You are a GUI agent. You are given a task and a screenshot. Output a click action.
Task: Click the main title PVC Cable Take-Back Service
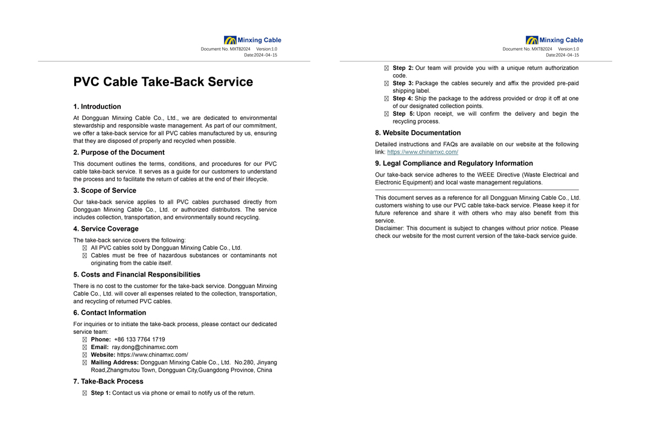coord(163,82)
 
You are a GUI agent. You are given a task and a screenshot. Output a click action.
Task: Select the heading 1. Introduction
coord(97,107)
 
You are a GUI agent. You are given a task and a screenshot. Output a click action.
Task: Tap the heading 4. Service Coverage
coord(106,229)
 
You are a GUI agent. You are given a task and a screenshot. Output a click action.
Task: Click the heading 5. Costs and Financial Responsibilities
coord(137,275)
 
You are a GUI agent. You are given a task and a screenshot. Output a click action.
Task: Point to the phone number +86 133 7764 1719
coord(139,339)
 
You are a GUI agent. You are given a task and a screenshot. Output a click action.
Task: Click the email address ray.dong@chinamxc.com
coord(145,347)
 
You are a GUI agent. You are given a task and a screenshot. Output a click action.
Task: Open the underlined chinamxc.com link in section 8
coord(423,152)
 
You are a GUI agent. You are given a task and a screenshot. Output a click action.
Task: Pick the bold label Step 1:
coord(101,393)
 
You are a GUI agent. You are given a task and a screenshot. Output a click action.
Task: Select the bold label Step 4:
coord(403,98)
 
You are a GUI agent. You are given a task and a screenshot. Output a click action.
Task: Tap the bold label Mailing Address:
coord(115,362)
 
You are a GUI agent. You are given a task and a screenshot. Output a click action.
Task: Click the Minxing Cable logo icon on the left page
coord(230,40)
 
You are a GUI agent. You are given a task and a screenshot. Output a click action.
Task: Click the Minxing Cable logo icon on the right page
coord(532,40)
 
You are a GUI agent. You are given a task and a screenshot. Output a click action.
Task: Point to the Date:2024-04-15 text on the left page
coord(261,55)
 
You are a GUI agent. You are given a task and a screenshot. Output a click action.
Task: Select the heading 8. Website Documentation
coord(418,133)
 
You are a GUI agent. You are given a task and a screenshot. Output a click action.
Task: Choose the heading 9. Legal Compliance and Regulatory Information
coord(454,163)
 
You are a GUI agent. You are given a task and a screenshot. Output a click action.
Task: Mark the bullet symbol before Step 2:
coord(386,68)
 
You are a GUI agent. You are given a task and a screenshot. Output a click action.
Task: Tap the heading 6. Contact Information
coord(109,313)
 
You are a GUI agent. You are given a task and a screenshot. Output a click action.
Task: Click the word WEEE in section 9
coord(486,175)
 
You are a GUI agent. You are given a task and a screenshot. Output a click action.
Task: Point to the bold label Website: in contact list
coord(103,355)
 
